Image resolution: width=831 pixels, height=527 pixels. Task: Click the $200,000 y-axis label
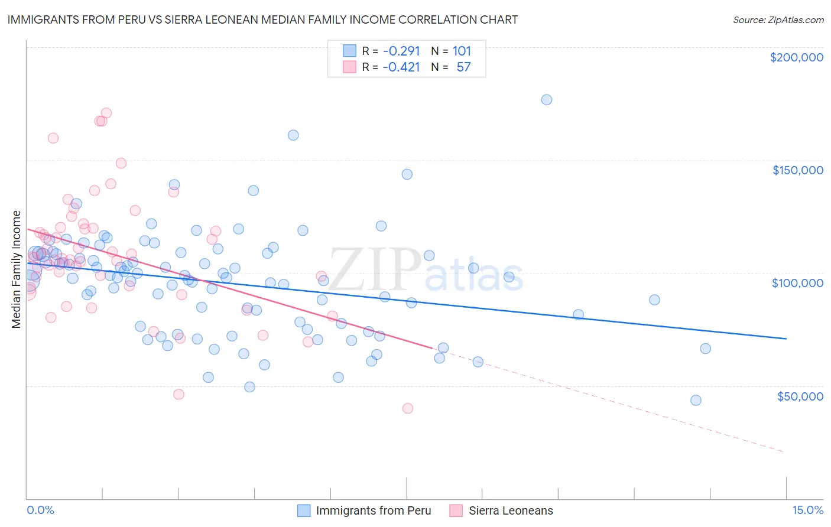tap(796, 57)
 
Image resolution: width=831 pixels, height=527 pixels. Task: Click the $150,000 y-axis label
tap(797, 170)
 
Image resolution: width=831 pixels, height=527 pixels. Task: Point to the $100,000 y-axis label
tap(797, 283)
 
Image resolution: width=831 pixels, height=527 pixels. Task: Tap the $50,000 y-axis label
tap(800, 396)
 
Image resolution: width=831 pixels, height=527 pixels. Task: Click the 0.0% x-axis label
tap(40, 510)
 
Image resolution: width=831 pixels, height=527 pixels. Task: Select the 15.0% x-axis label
tap(807, 510)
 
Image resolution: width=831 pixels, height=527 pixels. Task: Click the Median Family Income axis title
tap(17, 269)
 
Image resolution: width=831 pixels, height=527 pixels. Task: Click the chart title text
tap(262, 19)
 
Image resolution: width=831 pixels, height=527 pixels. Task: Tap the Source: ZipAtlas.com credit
tap(778, 19)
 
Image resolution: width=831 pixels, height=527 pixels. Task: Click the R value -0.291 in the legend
tap(401, 51)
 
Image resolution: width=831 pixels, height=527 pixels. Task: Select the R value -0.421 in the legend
tap(401, 67)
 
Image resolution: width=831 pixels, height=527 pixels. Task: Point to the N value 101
tap(462, 51)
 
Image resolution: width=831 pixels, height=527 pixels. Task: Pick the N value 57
tap(463, 67)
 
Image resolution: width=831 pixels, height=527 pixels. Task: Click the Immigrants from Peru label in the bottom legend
tap(374, 510)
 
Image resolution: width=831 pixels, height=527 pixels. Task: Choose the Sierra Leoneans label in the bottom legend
tap(511, 510)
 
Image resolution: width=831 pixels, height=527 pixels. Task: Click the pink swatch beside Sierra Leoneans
tap(456, 510)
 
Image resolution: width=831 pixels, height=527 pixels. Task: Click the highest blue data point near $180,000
tap(547, 100)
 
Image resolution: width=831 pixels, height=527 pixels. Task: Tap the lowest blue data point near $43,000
tap(696, 401)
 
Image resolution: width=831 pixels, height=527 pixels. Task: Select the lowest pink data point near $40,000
tap(407, 408)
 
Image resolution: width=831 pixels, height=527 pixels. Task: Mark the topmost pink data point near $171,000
tap(106, 113)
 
